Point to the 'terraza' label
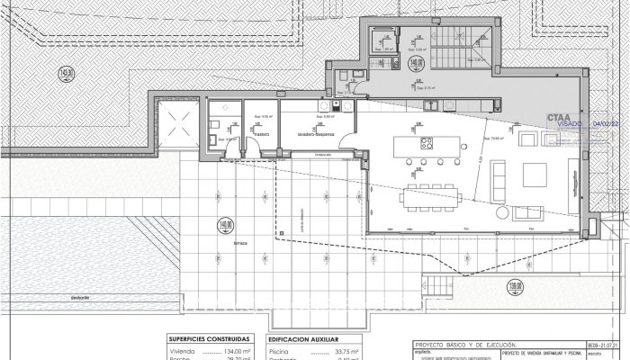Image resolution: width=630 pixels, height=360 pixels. click(x=238, y=243)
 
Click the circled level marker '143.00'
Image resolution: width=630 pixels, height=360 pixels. click(x=64, y=74)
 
